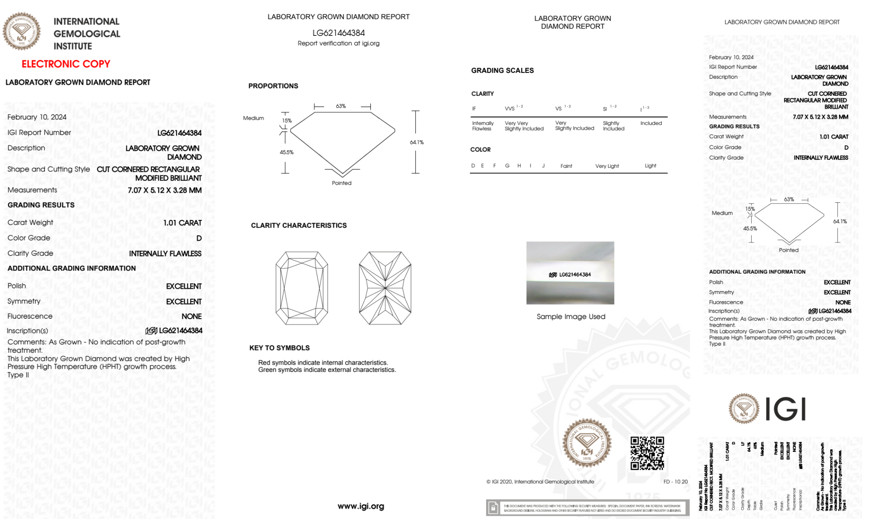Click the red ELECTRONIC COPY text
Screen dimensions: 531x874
pyautogui.click(x=66, y=64)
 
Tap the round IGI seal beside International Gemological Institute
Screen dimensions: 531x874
pyautogui.click(x=21, y=31)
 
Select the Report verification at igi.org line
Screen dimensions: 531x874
pyautogui.click(x=339, y=43)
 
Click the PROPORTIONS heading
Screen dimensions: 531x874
pyautogui.click(x=273, y=86)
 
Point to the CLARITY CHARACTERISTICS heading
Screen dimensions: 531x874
pyautogui.click(x=299, y=226)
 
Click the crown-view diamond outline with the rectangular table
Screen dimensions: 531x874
pyautogui.click(x=302, y=288)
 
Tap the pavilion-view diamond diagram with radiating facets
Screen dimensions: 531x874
pyautogui.click(x=385, y=288)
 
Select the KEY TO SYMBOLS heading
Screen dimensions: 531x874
pyautogui.click(x=280, y=348)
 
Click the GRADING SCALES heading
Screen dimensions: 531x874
pyautogui.click(x=502, y=70)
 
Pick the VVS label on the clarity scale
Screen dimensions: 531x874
pyautogui.click(x=510, y=108)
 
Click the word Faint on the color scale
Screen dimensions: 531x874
pyautogui.click(x=566, y=166)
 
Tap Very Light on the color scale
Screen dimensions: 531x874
pyautogui.click(x=607, y=166)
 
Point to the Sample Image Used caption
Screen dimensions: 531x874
pyautogui.click(x=571, y=316)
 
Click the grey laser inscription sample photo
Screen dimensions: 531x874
pyautogui.click(x=570, y=273)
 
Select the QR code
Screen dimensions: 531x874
pyautogui.click(x=647, y=453)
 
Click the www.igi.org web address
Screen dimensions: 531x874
pyautogui.click(x=361, y=506)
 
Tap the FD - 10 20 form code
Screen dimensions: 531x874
pyautogui.click(x=675, y=482)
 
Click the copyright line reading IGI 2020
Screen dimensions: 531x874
pyautogui.click(x=540, y=482)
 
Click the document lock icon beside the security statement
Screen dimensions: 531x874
pyautogui.click(x=493, y=508)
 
